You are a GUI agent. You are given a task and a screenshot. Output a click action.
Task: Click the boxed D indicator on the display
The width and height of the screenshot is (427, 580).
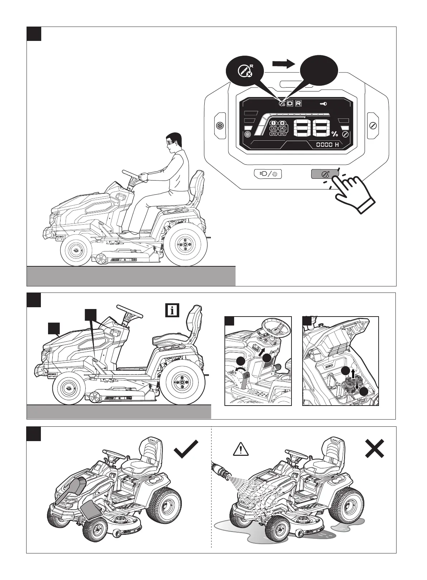pos(290,103)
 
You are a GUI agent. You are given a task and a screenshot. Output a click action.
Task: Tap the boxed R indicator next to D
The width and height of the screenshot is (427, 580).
pos(298,103)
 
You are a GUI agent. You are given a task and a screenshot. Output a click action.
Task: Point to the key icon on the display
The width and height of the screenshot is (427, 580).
pos(323,103)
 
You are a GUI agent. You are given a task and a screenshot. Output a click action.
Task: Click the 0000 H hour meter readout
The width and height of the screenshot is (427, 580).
pos(327,145)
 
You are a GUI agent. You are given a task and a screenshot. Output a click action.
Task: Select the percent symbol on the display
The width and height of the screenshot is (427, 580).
pos(335,134)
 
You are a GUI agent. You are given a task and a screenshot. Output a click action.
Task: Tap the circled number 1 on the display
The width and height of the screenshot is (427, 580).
pos(274,123)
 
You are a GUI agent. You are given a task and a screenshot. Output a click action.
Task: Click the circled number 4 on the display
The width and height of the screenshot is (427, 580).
pos(282,128)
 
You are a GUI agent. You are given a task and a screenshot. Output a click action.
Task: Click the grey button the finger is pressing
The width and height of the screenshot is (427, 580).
pos(324,174)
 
